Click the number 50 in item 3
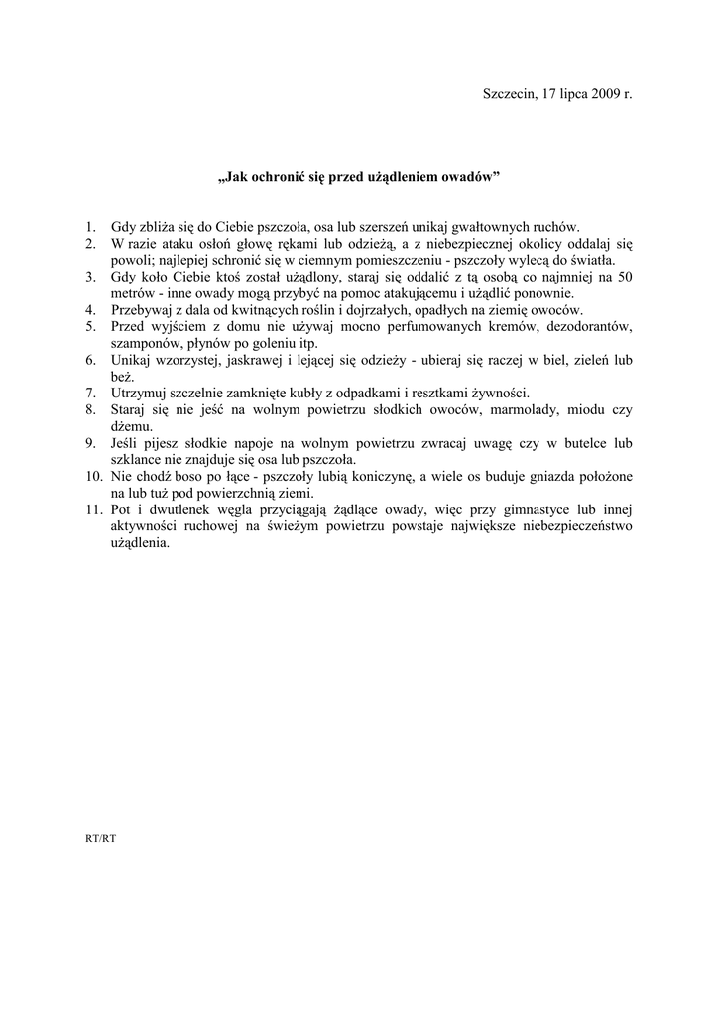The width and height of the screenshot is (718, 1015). click(624, 277)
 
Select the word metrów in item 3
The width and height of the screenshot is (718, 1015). click(132, 293)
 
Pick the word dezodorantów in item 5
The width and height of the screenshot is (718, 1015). click(581, 326)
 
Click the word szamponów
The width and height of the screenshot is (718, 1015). click(144, 343)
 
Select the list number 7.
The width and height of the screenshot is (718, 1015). click(90, 393)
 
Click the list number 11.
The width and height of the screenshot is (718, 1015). click(93, 509)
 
